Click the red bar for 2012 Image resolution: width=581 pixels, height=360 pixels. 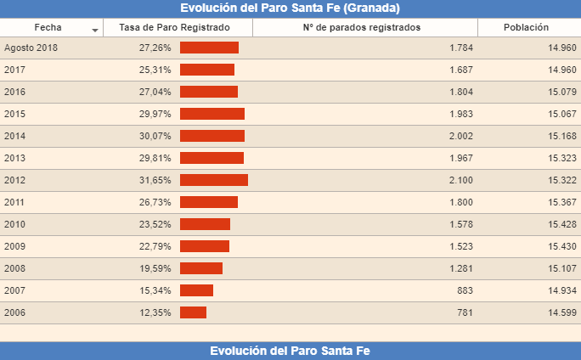[x=213, y=180]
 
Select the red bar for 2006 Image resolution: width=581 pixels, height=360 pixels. [x=193, y=312]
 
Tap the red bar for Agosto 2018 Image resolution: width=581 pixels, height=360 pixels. [x=209, y=48]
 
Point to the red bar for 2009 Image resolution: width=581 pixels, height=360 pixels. [x=204, y=246]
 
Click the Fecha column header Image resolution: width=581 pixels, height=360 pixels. [x=48, y=27]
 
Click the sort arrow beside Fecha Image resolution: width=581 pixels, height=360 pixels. [x=95, y=30]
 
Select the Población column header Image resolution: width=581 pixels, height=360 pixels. [x=526, y=27]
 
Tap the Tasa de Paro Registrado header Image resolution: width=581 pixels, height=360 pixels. [x=174, y=27]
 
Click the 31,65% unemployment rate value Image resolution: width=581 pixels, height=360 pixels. [x=155, y=180]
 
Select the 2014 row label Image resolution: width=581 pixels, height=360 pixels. [x=14, y=136]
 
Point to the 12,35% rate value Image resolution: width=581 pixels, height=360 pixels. [x=155, y=312]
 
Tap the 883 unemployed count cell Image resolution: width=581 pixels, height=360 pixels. [x=465, y=290]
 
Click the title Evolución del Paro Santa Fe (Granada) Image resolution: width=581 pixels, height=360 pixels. [x=290, y=8]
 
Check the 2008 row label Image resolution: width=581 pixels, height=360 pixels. [x=14, y=268]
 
